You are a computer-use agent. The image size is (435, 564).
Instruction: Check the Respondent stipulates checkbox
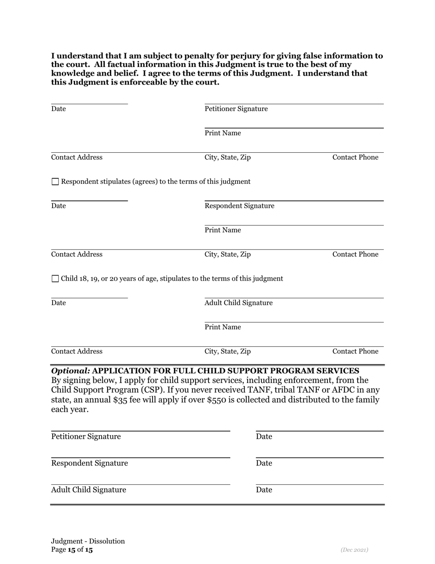click(x=55, y=182)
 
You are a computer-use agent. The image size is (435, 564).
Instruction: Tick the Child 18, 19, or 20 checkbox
click(x=55, y=279)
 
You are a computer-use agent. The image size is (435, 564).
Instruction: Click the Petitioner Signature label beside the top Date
click(x=236, y=109)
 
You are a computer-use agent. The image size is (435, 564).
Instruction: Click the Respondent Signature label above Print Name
click(x=239, y=206)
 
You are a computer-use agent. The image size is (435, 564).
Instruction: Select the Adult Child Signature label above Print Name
click(x=238, y=303)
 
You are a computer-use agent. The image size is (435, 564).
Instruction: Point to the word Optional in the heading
click(x=71, y=370)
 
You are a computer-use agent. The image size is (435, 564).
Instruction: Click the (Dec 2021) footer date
click(x=354, y=550)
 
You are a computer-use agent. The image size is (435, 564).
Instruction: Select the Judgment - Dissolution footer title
click(x=88, y=541)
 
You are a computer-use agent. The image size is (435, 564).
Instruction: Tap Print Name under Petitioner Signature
click(x=223, y=133)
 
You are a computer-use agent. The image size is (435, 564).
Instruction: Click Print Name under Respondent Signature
click(x=223, y=230)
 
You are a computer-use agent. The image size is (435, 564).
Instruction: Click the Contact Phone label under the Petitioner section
click(x=355, y=157)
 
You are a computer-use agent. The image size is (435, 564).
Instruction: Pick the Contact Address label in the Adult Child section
click(x=76, y=352)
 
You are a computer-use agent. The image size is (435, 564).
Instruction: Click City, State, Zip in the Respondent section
click(x=228, y=254)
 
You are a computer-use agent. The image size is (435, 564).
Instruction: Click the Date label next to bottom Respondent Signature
click(x=264, y=463)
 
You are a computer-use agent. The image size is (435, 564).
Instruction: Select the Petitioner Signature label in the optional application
click(x=86, y=437)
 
